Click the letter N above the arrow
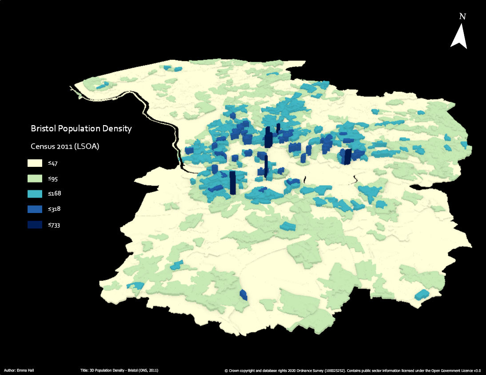(462, 16)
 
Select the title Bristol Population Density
(81, 129)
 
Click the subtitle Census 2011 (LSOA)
(64, 146)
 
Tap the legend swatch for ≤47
(35, 163)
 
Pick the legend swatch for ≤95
(35, 179)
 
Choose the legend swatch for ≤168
(35, 194)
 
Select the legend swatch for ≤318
(35, 209)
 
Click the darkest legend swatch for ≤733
(35, 225)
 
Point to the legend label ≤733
(54, 225)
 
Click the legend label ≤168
(54, 194)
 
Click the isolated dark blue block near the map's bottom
(243, 295)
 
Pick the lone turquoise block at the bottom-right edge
(421, 294)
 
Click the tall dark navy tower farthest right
(347, 156)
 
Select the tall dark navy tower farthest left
(232, 183)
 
